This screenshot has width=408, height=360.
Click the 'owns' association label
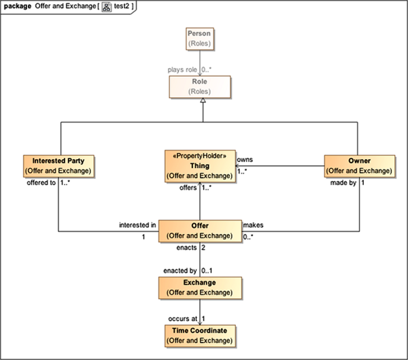point(245,159)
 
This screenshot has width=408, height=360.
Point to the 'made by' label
point(343,184)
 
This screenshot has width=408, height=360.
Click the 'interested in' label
point(137,225)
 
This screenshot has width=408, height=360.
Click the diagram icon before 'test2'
point(107,6)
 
